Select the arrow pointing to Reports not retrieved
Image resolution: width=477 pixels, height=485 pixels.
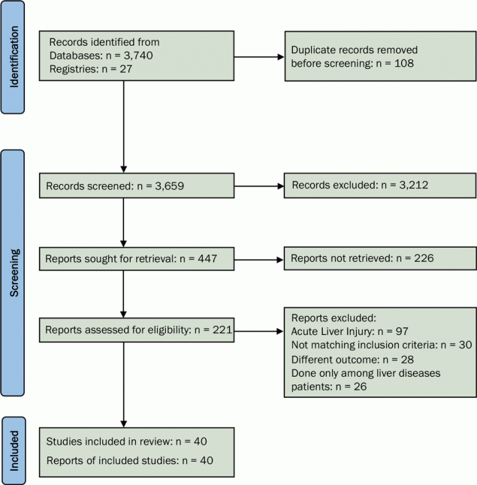click(260, 261)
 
